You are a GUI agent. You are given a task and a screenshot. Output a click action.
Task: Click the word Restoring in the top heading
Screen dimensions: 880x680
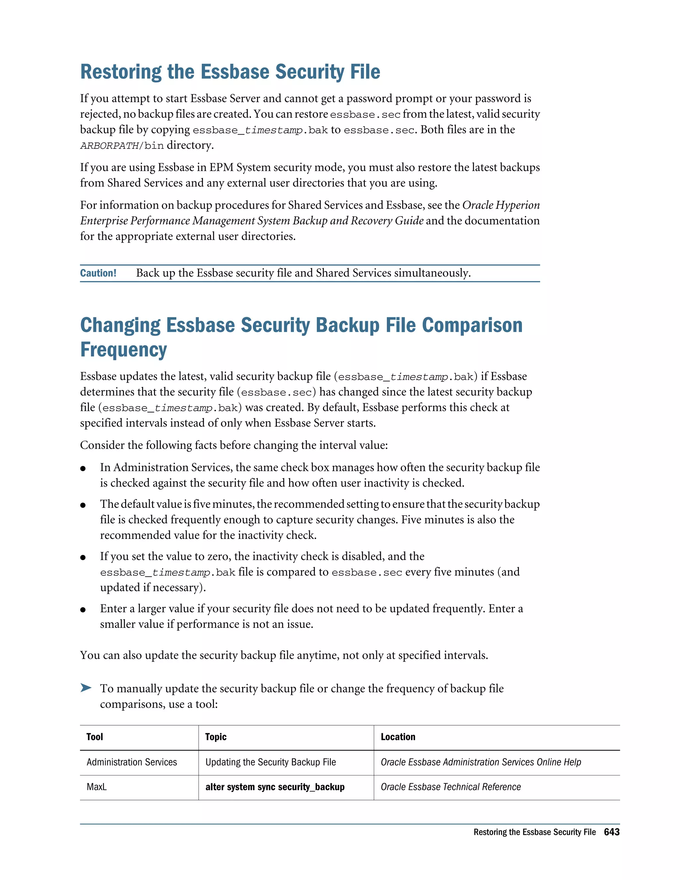point(121,72)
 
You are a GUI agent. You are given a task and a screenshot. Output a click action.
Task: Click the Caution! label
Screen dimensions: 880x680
point(98,273)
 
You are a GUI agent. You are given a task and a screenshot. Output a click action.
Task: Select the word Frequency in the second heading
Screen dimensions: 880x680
point(123,350)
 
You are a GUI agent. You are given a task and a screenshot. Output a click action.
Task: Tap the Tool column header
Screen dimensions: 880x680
point(95,737)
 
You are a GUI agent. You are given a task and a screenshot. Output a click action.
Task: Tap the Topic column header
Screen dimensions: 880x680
point(215,737)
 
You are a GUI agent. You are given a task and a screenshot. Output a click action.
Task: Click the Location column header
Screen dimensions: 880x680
point(397,737)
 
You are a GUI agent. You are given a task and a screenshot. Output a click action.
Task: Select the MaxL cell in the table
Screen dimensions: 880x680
point(97,787)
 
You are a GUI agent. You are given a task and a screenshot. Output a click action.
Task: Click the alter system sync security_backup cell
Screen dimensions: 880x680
point(275,787)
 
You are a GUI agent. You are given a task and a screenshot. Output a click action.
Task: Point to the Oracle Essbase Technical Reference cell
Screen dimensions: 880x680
point(450,787)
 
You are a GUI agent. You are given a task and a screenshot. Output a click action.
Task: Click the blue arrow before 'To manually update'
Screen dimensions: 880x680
point(86,687)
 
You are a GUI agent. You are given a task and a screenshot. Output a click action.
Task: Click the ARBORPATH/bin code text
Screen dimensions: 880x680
point(122,146)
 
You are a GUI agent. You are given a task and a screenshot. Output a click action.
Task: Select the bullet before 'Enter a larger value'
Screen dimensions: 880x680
point(83,610)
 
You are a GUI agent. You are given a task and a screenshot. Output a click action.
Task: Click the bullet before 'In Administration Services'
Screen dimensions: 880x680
point(83,468)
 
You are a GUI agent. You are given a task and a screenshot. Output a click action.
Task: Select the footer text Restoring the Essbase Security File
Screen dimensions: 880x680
point(534,832)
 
